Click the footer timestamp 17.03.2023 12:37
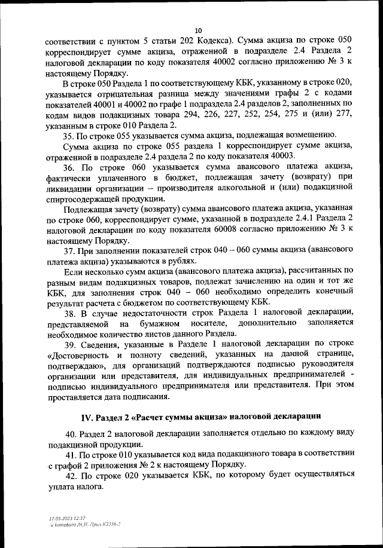67,518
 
